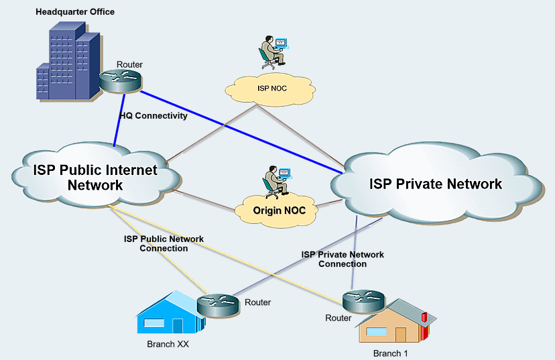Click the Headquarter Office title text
pyautogui.click(x=75, y=11)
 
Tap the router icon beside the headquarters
pyautogui.click(x=121, y=80)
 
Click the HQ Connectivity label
pyautogui.click(x=153, y=115)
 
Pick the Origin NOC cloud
pyautogui.click(x=279, y=210)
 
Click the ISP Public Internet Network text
pyautogui.click(x=95, y=177)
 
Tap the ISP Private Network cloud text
pyautogui.click(x=436, y=184)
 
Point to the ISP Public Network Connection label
pyautogui.click(x=164, y=243)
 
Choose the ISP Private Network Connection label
pyautogui.click(x=343, y=259)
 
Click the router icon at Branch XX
pyautogui.click(x=218, y=305)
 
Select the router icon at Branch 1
pyautogui.click(x=362, y=299)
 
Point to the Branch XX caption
pyautogui.click(x=165, y=345)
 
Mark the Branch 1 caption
pyautogui.click(x=390, y=353)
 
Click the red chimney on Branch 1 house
pyautogui.click(x=424, y=317)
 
